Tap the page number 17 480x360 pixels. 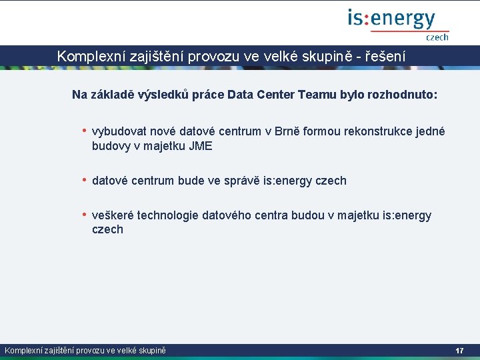tap(459, 351)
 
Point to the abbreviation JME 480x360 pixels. tap(200, 146)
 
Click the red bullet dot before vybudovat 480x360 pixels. tap(84, 131)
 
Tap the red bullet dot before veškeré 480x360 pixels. tap(84, 215)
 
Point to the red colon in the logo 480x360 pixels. tap(367, 19)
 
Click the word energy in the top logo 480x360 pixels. tap(403, 19)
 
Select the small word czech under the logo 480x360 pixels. tap(437, 38)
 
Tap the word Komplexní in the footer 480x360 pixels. tap(25, 351)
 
